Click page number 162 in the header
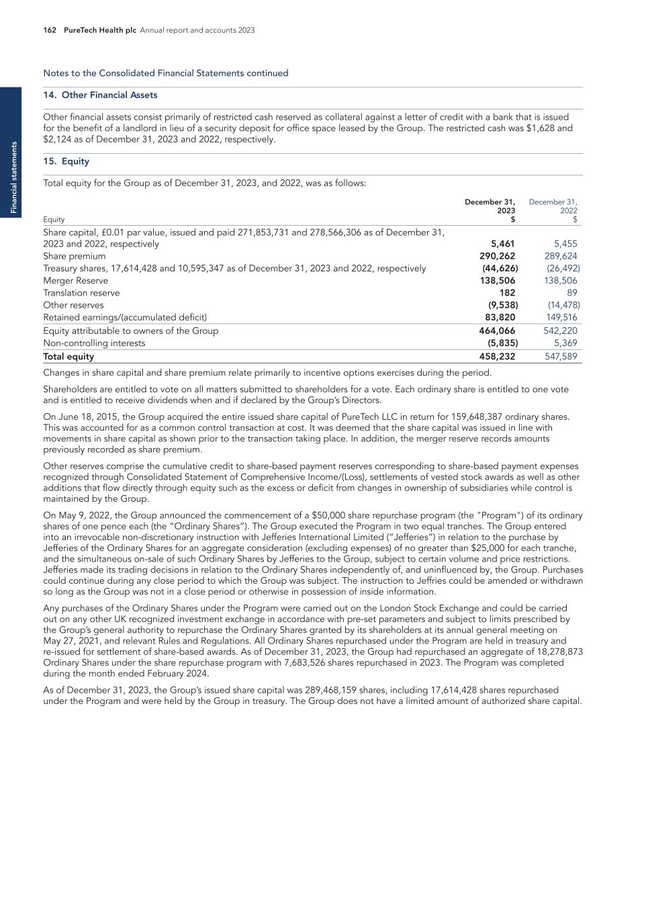[x=49, y=30]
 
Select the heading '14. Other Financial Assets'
[x=100, y=95]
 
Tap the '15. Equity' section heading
[x=66, y=161]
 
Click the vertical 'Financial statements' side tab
[x=11, y=177]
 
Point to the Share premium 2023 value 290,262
[x=497, y=256]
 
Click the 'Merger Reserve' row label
[x=75, y=281]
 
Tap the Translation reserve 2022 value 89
[x=571, y=293]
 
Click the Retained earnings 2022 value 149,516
[x=561, y=317]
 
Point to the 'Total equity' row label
[x=68, y=357]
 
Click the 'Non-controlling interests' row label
[x=94, y=343]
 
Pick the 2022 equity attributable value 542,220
[x=560, y=331]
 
